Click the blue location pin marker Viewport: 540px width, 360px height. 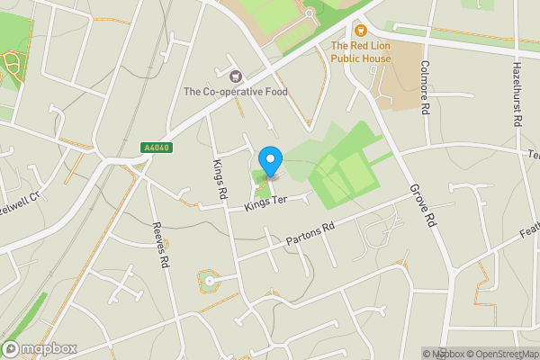[270, 161]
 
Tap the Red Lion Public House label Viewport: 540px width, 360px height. [361, 52]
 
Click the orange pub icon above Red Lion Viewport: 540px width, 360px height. [362, 30]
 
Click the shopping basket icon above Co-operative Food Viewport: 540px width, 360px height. [236, 76]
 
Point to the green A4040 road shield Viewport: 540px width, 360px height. [155, 148]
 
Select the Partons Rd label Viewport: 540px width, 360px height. [310, 230]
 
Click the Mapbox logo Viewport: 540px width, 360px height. [40, 348]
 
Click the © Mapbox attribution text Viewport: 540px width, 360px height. [440, 354]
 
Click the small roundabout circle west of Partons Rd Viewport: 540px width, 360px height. [210, 281]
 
